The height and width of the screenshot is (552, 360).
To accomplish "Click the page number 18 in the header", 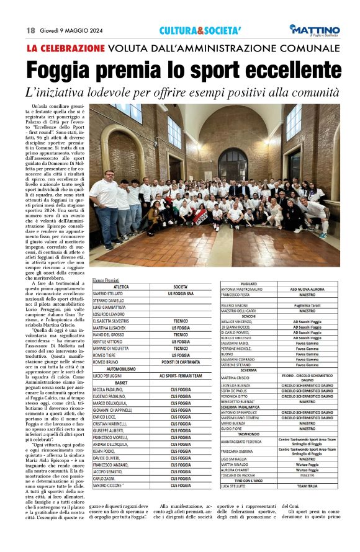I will point(30,30).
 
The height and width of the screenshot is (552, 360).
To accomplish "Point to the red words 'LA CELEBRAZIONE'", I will point(65,48).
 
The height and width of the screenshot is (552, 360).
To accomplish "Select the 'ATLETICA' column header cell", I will point(121,287).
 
